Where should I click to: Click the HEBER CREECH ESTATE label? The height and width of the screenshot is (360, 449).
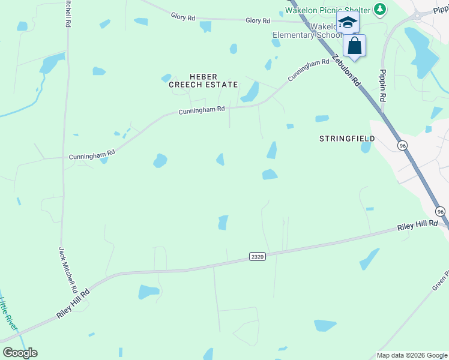pyautogui.click(x=203, y=80)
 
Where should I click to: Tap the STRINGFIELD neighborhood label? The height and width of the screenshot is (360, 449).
pyautogui.click(x=347, y=139)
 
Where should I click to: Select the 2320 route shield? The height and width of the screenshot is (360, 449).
pyautogui.click(x=257, y=256)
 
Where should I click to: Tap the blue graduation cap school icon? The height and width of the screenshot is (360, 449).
pyautogui.click(x=348, y=23)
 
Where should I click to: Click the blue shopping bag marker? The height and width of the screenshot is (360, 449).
pyautogui.click(x=354, y=46)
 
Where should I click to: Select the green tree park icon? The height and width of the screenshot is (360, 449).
pyautogui.click(x=379, y=9)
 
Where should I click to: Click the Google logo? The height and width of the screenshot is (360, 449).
pyautogui.click(x=20, y=352)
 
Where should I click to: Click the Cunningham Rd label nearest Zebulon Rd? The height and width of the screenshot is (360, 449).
pyautogui.click(x=309, y=70)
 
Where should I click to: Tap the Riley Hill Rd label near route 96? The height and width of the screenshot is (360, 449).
pyautogui.click(x=418, y=227)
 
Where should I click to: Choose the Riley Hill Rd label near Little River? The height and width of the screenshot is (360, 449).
pyautogui.click(x=73, y=304)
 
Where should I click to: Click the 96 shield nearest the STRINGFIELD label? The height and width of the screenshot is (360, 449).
pyautogui.click(x=402, y=145)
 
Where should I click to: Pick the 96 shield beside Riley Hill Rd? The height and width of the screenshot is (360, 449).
pyautogui.click(x=441, y=211)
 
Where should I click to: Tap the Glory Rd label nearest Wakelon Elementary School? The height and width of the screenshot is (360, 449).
pyautogui.click(x=258, y=20)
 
